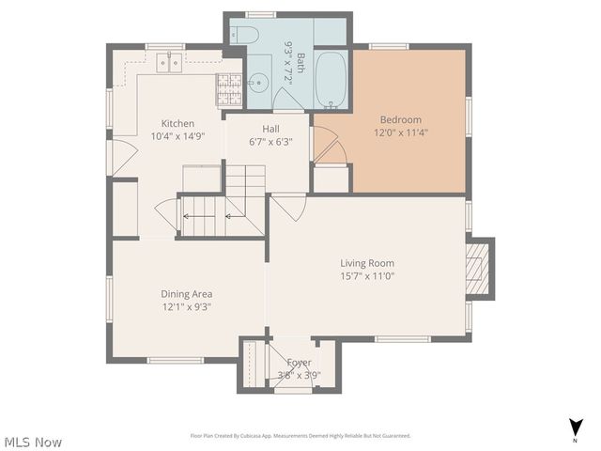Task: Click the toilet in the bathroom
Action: point(245,35)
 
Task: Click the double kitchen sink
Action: point(170,63)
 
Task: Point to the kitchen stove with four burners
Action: point(230,90)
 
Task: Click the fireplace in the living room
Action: point(479,269)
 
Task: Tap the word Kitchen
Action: point(177,123)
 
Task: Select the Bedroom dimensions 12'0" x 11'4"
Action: point(400,133)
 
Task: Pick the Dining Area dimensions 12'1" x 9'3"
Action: point(186,306)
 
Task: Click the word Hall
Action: point(270,129)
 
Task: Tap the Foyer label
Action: point(299,363)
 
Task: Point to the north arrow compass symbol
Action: point(574,428)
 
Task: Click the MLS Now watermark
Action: point(33,441)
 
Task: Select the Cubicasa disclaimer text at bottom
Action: point(300,436)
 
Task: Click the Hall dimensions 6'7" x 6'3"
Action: point(270,142)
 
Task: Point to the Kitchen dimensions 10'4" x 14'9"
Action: point(177,136)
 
